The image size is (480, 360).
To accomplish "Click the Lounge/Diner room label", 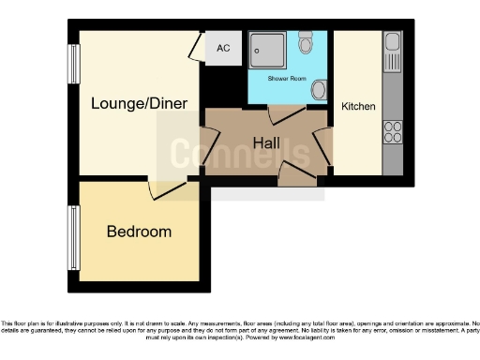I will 139,103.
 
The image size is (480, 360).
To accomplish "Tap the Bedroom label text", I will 139,232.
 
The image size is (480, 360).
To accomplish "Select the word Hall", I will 267,142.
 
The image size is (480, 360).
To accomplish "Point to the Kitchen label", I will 358,107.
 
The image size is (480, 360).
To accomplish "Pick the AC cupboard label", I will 223,48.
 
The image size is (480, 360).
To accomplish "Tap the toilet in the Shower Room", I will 307,45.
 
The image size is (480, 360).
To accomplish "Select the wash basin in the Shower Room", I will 319,90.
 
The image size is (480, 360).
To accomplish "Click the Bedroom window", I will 71,234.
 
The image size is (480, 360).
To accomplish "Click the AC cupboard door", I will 194,47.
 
